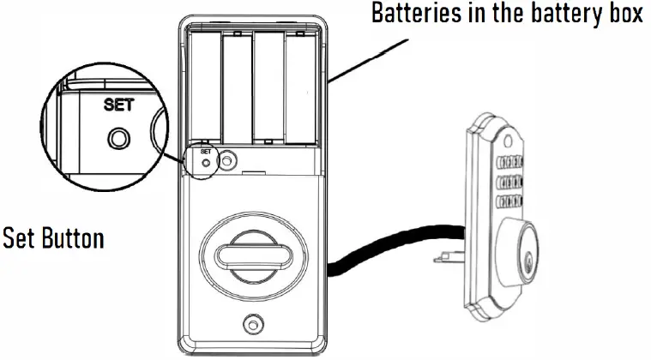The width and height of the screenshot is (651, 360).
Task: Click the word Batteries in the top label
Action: pyautogui.click(x=410, y=15)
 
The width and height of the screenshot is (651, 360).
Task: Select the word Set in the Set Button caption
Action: pyautogui.click(x=17, y=237)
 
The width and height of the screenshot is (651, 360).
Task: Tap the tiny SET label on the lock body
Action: pyautogui.click(x=205, y=151)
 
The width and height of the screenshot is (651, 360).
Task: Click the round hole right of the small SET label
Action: pyautogui.click(x=227, y=159)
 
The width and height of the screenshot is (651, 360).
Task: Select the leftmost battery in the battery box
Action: pyautogui.click(x=206, y=86)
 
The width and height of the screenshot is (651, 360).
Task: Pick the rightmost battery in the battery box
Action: pyautogui.click(x=299, y=86)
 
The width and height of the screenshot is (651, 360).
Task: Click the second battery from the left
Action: pyautogui.click(x=237, y=86)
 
